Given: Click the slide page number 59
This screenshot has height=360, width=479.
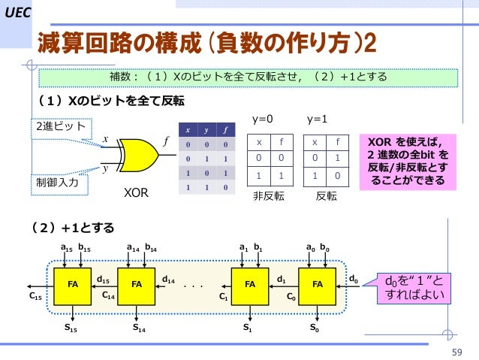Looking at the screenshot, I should tap(455, 352).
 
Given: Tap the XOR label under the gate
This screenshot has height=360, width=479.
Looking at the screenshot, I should tap(136, 193).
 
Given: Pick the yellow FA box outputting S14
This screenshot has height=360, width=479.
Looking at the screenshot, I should tap(137, 285).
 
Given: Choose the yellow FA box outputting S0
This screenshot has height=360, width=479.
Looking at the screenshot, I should tap(318, 285).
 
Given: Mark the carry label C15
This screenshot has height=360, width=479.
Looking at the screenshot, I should tap(35, 297).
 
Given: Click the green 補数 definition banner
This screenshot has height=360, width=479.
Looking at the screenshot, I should tap(248, 77).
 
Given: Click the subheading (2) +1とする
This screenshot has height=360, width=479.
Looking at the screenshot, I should tap(72, 226).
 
